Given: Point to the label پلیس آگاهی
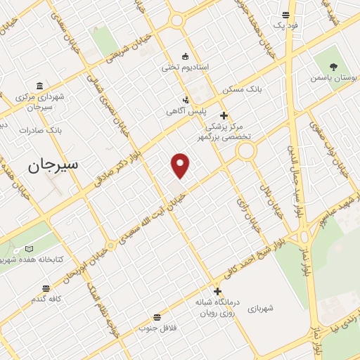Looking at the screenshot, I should point(184,111).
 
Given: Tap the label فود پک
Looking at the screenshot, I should point(287,25).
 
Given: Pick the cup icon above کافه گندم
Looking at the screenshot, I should point(46,288).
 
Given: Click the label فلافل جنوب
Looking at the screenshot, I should point(155,328).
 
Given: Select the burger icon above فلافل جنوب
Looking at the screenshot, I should point(155,317).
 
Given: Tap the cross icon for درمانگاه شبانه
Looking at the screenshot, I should point(217,291).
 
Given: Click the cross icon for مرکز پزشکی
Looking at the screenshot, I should point(224,115).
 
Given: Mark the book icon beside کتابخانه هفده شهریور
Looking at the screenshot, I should point(29,249).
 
